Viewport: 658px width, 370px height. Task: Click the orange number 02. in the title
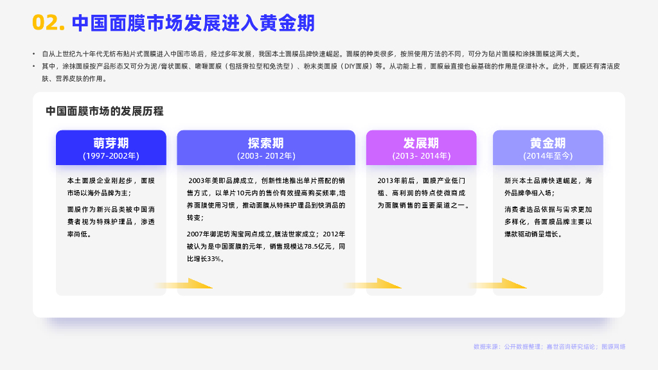49,23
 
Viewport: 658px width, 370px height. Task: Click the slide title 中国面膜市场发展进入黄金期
193,23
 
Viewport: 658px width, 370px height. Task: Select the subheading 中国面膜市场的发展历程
104,111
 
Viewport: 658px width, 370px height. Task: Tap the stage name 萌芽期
111,143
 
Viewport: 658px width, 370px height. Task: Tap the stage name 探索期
265,143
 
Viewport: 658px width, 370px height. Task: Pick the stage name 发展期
421,143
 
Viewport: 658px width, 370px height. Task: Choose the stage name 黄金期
547,143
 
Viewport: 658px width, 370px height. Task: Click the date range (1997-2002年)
111,155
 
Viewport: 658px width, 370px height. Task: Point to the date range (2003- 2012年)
265,155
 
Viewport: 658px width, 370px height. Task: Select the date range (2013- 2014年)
421,155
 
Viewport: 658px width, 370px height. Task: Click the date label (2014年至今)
547,155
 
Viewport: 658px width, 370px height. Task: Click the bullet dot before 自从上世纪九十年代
34,55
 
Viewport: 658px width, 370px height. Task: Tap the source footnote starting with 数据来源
549,347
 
